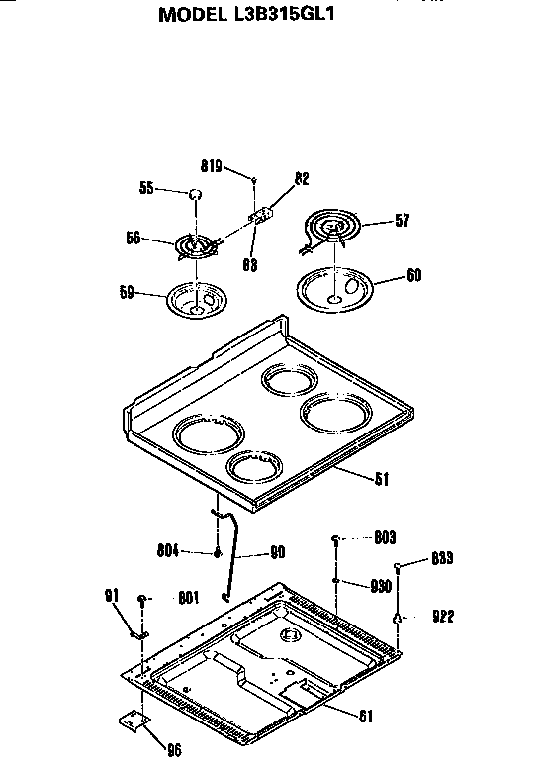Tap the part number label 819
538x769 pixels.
pos(212,167)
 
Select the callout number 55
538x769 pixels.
pos(147,188)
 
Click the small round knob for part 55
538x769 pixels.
pos(196,194)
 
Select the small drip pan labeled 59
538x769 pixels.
pos(196,300)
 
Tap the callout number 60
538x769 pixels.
pos(413,275)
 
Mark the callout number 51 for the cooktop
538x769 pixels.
pos(380,479)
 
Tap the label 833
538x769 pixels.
pos(442,559)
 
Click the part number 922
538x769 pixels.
pos(442,617)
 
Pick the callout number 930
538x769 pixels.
pos(380,585)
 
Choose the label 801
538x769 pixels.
pos(189,597)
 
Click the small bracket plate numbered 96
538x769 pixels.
pos(133,725)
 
